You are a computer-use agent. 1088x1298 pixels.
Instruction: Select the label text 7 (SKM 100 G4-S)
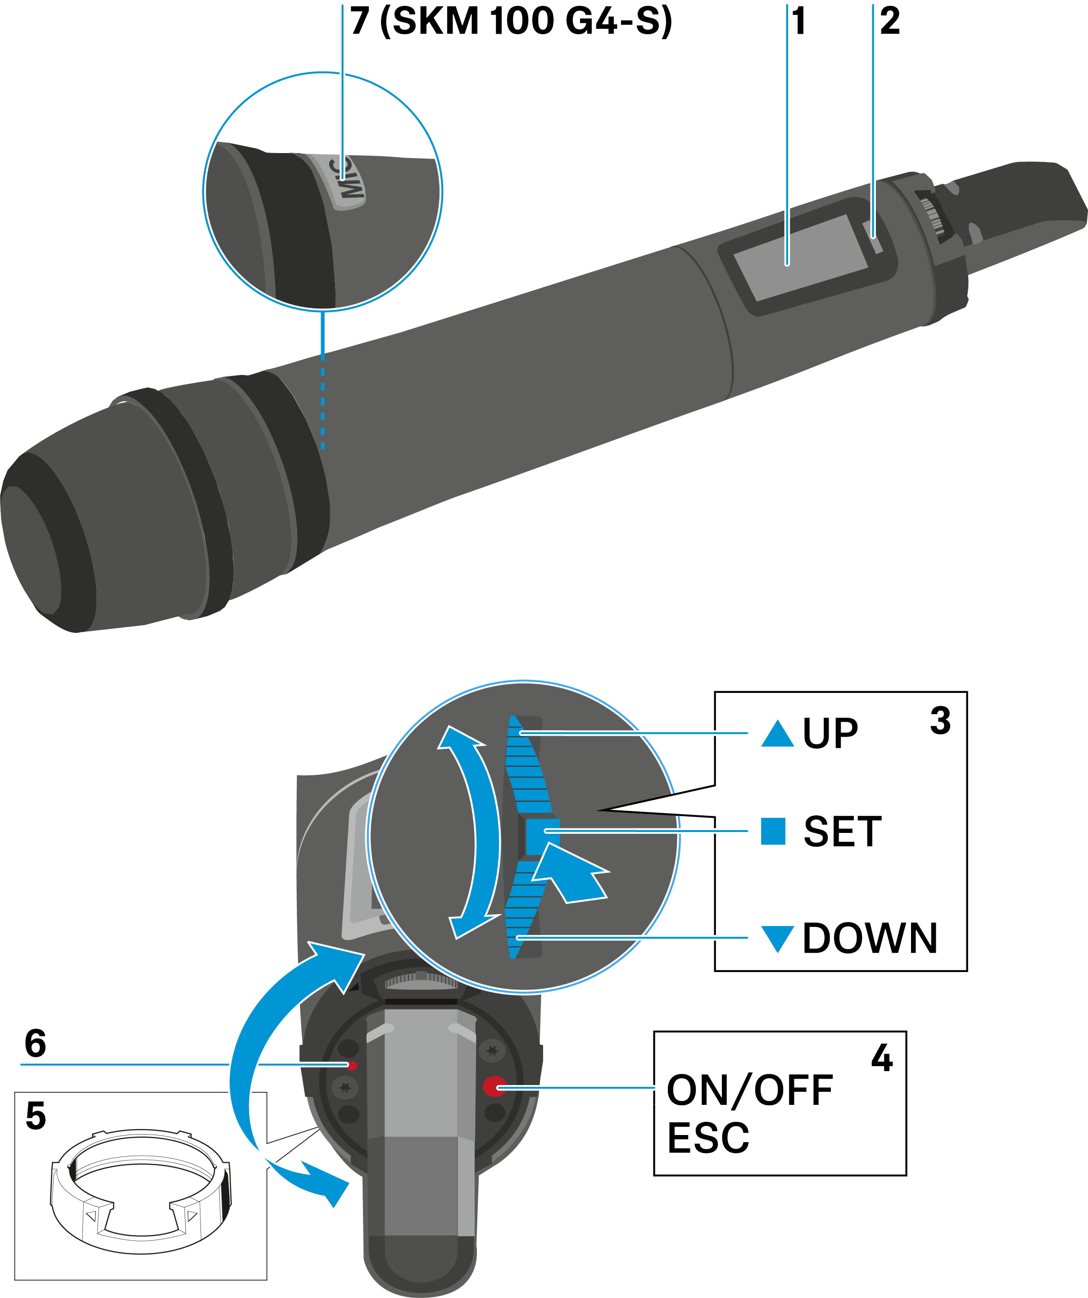click(511, 21)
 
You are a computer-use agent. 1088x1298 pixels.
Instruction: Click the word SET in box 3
click(842, 832)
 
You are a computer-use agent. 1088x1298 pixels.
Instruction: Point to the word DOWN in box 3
click(869, 938)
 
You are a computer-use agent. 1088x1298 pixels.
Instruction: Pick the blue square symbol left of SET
click(773, 831)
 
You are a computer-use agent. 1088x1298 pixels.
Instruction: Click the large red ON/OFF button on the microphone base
click(494, 1086)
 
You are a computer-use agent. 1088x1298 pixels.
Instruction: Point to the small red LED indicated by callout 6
click(352, 1065)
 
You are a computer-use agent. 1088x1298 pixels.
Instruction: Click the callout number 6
click(35, 1043)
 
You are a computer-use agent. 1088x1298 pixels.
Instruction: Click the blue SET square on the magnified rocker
click(542, 836)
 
